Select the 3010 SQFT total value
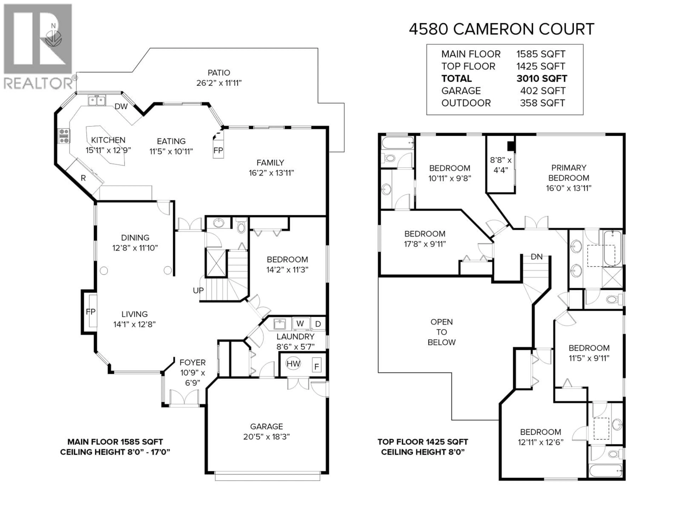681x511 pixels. pos(542,79)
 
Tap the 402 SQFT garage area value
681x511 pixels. pos(542,91)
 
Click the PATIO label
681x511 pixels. pos(219,73)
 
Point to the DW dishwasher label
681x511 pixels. pos(121,107)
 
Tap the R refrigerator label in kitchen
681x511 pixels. pos(83,178)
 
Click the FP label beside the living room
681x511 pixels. pos(90,312)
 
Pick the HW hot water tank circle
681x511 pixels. pos(293,364)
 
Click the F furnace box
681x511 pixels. pos(317,366)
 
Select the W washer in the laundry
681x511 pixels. pos(300,324)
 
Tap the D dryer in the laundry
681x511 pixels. pos(318,324)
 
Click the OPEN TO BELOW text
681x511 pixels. pos(441,332)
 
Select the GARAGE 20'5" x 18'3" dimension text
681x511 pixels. pos(266,437)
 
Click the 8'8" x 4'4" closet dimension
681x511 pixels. pos(501,165)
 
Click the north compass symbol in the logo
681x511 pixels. pos(53,36)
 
